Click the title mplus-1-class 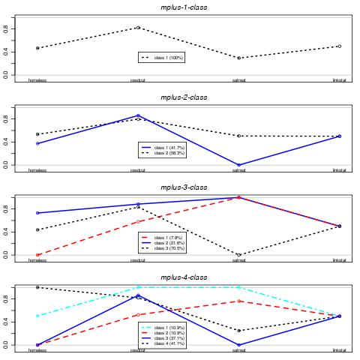coord(184,7)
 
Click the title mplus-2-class coord(184,97)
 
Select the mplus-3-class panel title coord(184,187)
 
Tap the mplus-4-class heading coord(184,277)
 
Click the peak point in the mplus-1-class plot coord(138,28)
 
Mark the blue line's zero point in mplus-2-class coord(238,165)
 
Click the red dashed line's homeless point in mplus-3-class coord(37,255)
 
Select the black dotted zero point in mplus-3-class coord(238,255)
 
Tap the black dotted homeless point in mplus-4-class coord(37,287)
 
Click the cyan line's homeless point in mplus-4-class coord(37,316)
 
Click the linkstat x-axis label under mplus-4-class coord(339,350)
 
